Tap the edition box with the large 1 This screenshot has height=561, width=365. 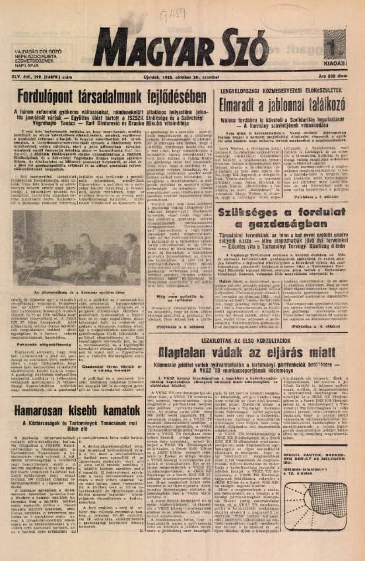[341, 49]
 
